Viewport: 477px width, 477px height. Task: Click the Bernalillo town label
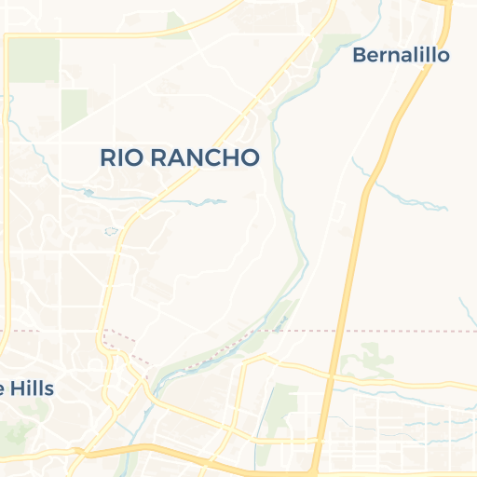coord(401,55)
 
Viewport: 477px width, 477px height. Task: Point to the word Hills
coord(33,388)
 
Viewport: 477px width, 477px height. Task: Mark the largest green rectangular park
coord(34,60)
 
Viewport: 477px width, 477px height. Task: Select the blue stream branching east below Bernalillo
coord(410,197)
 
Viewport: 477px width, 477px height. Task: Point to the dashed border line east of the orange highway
coord(410,331)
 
